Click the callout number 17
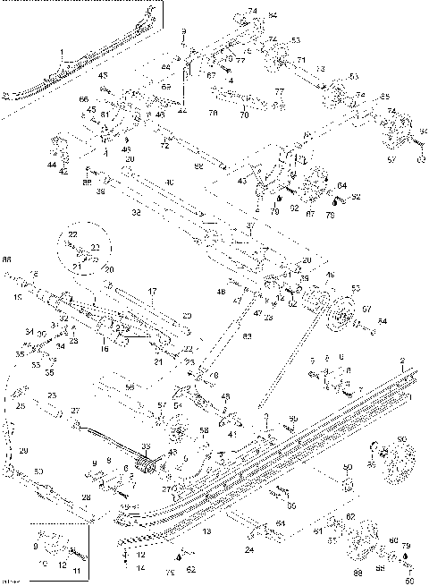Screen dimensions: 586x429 (152, 291)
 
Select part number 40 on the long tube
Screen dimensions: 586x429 (169, 183)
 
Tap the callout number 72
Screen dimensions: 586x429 (164, 144)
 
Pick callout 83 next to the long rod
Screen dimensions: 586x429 (247, 335)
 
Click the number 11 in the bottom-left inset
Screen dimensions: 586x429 (76, 570)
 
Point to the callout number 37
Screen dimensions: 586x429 (251, 226)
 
